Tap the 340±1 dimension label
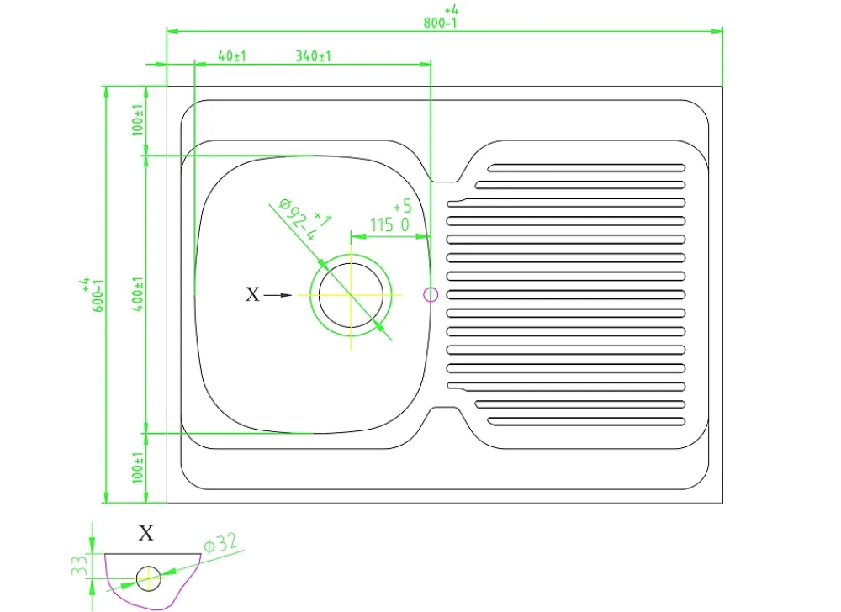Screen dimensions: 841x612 click(x=313, y=55)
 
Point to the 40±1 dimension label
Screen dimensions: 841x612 click(x=232, y=55)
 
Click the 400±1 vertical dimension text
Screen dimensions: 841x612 click(x=138, y=294)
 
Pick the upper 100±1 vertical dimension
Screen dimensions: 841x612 click(x=138, y=119)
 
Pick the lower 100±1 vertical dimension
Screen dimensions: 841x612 click(x=138, y=467)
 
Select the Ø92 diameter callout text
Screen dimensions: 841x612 click(x=304, y=219)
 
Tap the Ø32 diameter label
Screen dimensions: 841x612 click(x=221, y=543)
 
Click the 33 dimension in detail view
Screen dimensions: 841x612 click(x=79, y=566)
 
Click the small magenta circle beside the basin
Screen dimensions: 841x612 click(x=431, y=295)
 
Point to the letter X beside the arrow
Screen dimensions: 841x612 click(x=252, y=294)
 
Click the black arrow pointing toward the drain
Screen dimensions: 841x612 click(x=278, y=295)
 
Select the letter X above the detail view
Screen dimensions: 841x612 click(x=145, y=533)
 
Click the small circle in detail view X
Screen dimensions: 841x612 click(x=149, y=578)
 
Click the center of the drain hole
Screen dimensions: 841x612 click(x=352, y=295)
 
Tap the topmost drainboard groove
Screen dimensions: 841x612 click(x=586, y=168)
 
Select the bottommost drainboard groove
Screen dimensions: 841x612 click(x=586, y=422)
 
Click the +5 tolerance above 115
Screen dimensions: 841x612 click(x=402, y=206)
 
